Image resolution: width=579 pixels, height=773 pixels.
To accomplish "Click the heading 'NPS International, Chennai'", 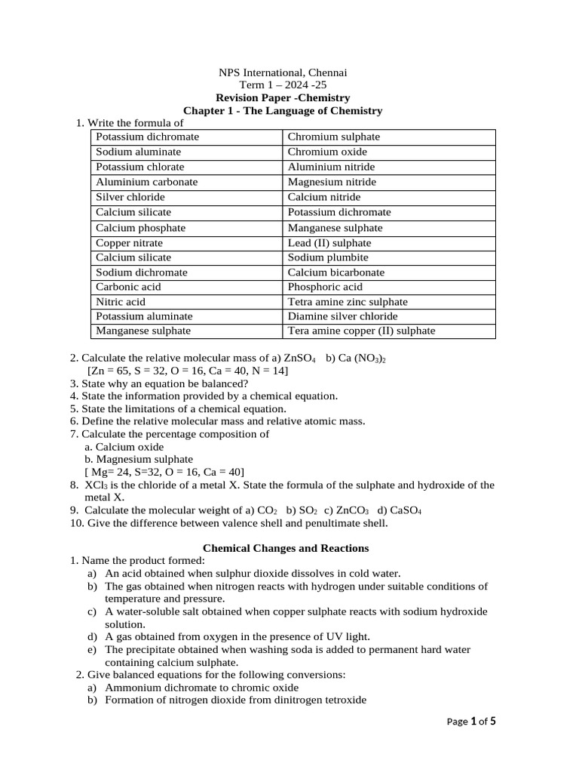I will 283,72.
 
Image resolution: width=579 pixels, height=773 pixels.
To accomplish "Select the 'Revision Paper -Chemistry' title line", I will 283,98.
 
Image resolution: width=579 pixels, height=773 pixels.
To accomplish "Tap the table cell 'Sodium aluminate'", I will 139,152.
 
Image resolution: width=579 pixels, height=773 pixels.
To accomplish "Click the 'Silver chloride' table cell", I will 130,197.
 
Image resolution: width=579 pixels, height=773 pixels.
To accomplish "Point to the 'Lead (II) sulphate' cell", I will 329,243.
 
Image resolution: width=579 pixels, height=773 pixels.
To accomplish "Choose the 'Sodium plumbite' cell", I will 325,257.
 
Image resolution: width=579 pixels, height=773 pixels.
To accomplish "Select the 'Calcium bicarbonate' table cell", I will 336,272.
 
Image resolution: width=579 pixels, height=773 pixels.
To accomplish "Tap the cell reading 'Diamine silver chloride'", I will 343,316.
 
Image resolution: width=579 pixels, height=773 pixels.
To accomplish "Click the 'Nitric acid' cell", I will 121,302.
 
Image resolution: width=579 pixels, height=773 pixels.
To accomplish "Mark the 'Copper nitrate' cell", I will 129,243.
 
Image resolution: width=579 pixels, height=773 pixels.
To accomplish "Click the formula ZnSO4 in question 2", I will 299,358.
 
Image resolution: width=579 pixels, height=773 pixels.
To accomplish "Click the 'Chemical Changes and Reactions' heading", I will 286,548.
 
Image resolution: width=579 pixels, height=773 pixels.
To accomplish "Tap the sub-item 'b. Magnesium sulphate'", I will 139,459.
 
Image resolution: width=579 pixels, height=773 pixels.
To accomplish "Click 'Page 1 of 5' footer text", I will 471,722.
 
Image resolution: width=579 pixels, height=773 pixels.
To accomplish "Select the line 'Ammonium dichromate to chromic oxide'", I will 201,688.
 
